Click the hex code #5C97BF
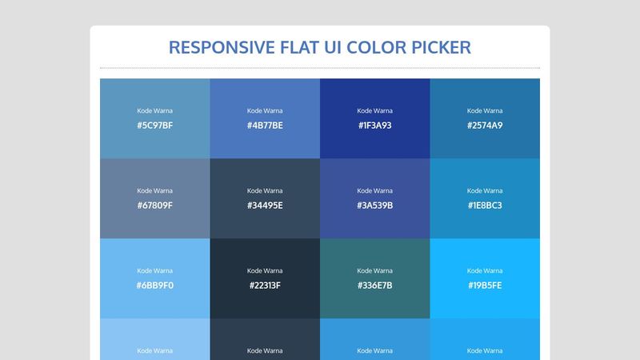pos(154,126)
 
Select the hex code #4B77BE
pos(265,126)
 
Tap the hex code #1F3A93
pos(374,126)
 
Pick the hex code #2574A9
pos(485,126)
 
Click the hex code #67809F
pos(154,206)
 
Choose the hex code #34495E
pos(265,206)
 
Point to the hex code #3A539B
pos(374,206)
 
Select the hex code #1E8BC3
pos(485,206)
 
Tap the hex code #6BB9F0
pos(154,286)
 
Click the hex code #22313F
pos(265,286)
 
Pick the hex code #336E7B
pos(374,286)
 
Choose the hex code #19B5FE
pos(485,286)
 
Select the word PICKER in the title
pos(439,47)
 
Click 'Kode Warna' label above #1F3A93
pos(374,110)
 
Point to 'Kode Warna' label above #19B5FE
pos(485,270)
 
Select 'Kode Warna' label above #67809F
pos(154,190)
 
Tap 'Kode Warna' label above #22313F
pos(265,270)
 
